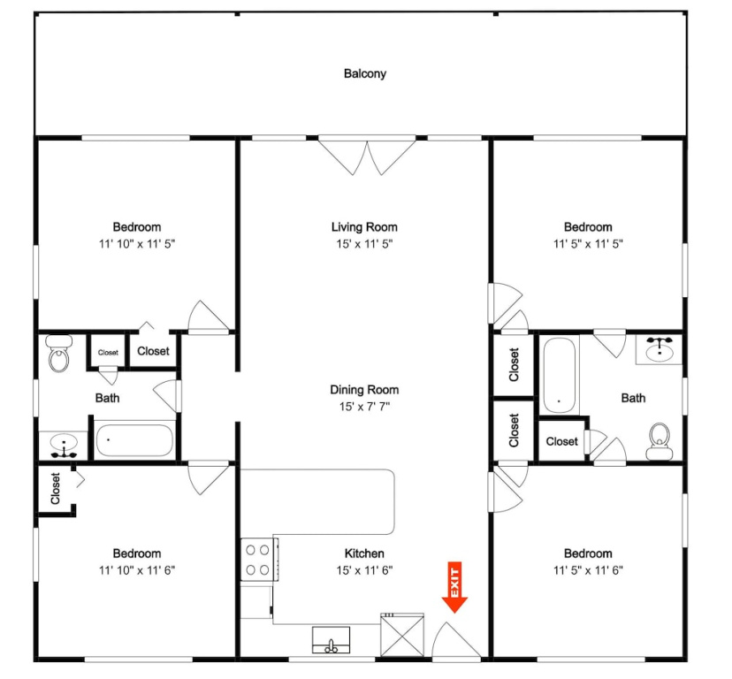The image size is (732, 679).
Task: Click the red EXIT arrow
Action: tap(454, 587)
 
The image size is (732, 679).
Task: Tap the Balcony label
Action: tap(365, 73)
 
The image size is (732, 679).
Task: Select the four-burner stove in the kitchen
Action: tap(258, 559)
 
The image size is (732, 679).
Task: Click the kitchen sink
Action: tap(331, 640)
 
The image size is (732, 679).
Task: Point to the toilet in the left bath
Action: tap(59, 353)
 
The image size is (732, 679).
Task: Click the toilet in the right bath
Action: tap(660, 441)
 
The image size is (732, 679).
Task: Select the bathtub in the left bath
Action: tap(134, 440)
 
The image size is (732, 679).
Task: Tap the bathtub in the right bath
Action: tap(560, 375)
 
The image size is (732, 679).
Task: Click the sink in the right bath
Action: tap(660, 349)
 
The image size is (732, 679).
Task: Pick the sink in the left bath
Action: tap(63, 445)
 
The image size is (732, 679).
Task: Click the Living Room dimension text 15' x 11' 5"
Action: tap(364, 244)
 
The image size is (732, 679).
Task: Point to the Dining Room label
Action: tap(364, 390)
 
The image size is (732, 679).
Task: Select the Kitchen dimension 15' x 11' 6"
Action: tap(364, 570)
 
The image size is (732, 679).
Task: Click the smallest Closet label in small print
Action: tap(108, 353)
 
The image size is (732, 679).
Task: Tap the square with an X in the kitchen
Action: tap(402, 636)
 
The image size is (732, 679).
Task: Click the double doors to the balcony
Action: tap(368, 156)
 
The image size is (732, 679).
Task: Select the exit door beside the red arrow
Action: tap(456, 640)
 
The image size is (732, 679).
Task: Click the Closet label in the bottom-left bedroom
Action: tap(55, 488)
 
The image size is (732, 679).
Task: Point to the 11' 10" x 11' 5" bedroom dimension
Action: tap(137, 244)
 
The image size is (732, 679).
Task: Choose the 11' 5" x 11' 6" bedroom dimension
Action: tap(588, 570)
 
